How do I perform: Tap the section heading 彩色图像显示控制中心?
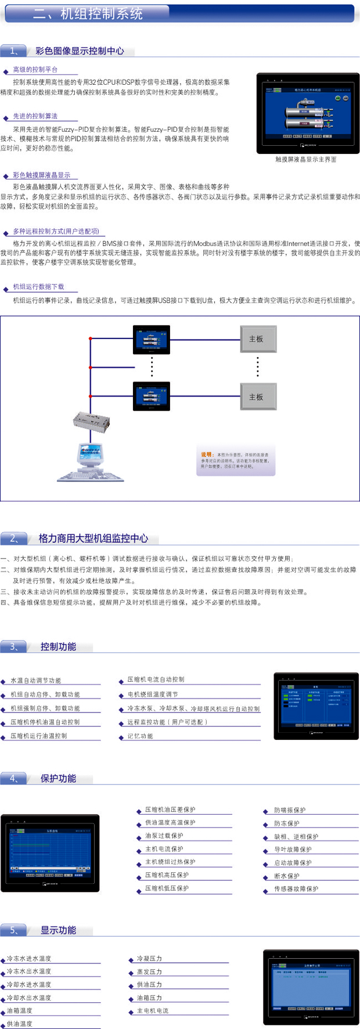coord(80,51)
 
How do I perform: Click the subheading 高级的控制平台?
coord(35,70)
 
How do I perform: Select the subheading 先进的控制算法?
coord(35,116)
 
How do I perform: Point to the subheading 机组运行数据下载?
coord(38,287)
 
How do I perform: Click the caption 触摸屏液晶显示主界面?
coord(306,159)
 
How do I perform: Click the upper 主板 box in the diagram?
coord(258,339)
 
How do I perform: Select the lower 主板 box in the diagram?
coord(258,397)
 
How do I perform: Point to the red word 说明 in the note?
coord(207,455)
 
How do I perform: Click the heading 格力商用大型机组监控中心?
coord(93,538)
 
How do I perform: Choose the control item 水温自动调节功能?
coord(35,681)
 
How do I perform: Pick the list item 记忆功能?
coord(140,736)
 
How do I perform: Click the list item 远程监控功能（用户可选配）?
coord(167,722)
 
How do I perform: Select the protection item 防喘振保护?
coord(290,810)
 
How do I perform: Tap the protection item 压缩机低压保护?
coord(167,888)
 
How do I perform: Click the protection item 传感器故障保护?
coord(296,889)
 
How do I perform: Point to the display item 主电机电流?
coord(153,1011)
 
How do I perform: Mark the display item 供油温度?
coord(20,1024)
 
